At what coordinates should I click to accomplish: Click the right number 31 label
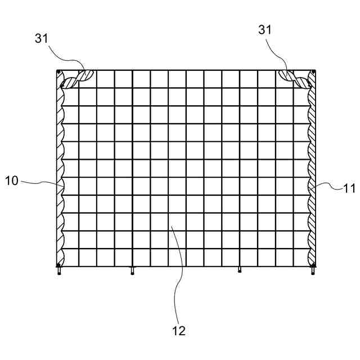click(265, 30)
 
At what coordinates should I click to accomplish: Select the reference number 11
click(349, 188)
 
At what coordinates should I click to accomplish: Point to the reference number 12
click(179, 331)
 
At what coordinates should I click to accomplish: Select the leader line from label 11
click(329, 186)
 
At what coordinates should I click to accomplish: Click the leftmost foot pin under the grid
click(59, 272)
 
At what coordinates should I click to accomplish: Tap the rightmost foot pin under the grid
click(313, 272)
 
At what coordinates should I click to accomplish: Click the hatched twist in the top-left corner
click(76, 79)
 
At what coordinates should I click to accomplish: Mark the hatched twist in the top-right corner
click(296, 79)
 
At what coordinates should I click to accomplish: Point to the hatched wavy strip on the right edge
click(311, 169)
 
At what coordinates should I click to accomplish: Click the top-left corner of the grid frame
click(58, 71)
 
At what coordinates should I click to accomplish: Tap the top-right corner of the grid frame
click(314, 71)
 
